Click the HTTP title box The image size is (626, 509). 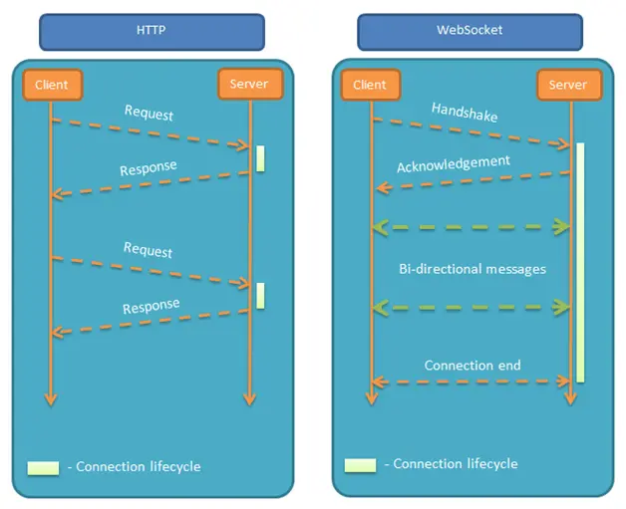(152, 31)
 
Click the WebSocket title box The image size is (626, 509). (471, 31)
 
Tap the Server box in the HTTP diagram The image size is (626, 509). (248, 85)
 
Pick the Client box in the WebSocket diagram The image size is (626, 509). (370, 85)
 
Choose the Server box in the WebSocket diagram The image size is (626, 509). (568, 85)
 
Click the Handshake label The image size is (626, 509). (465, 112)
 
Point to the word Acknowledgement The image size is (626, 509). (454, 163)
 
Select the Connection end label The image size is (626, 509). (472, 365)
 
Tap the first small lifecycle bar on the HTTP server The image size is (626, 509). (260, 158)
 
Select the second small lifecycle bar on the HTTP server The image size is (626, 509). (260, 295)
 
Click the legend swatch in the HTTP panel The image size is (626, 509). (44, 466)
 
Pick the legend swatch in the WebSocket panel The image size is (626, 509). (360, 464)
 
